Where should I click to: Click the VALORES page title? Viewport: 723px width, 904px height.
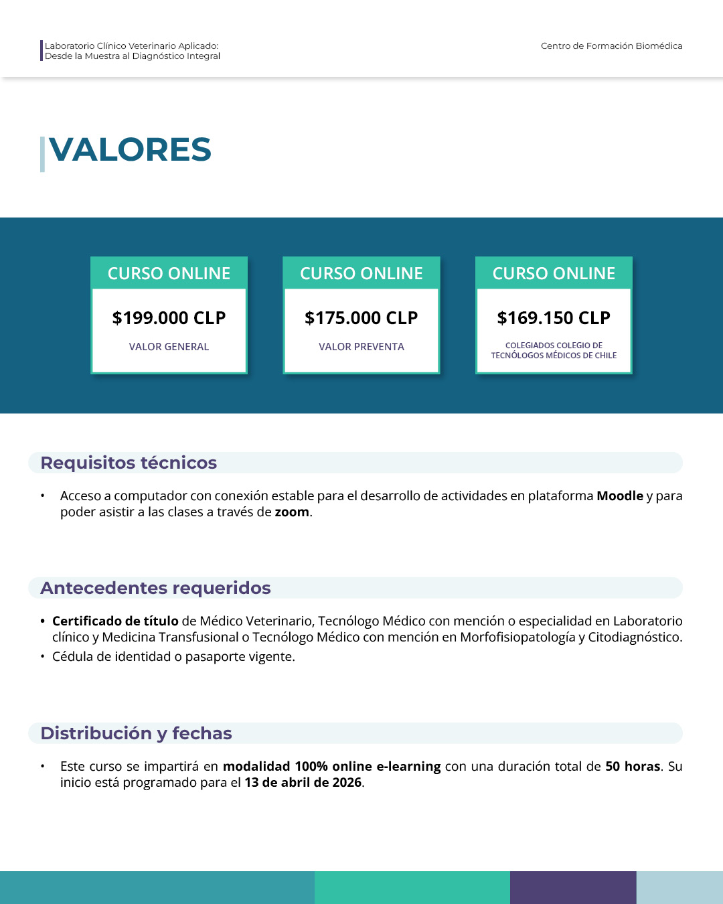130,149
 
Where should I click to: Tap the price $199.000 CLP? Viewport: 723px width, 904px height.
169,318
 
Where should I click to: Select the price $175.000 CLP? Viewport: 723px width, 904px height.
361,318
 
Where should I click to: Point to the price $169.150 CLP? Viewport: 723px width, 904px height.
554,318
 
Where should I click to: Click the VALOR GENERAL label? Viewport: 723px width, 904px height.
169,347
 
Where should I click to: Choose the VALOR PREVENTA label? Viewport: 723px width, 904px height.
361,347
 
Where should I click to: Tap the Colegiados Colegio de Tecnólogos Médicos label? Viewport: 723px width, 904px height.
554,350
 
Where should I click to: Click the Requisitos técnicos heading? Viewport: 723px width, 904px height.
129,463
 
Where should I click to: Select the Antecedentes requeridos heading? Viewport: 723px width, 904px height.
155,588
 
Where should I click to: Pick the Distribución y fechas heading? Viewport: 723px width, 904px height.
136,733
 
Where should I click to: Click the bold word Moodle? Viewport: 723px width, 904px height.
619,496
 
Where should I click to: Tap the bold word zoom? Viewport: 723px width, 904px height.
292,512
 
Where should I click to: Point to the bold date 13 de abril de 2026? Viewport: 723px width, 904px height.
303,783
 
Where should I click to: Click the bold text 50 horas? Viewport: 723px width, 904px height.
633,767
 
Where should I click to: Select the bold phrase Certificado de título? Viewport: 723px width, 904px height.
115,621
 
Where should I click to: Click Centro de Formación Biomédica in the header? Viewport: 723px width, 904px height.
611,46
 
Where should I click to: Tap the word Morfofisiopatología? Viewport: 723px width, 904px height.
517,637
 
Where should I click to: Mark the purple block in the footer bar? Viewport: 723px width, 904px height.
573,887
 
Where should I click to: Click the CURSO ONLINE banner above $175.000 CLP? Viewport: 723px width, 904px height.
361,273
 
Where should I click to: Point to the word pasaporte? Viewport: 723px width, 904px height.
215,657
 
